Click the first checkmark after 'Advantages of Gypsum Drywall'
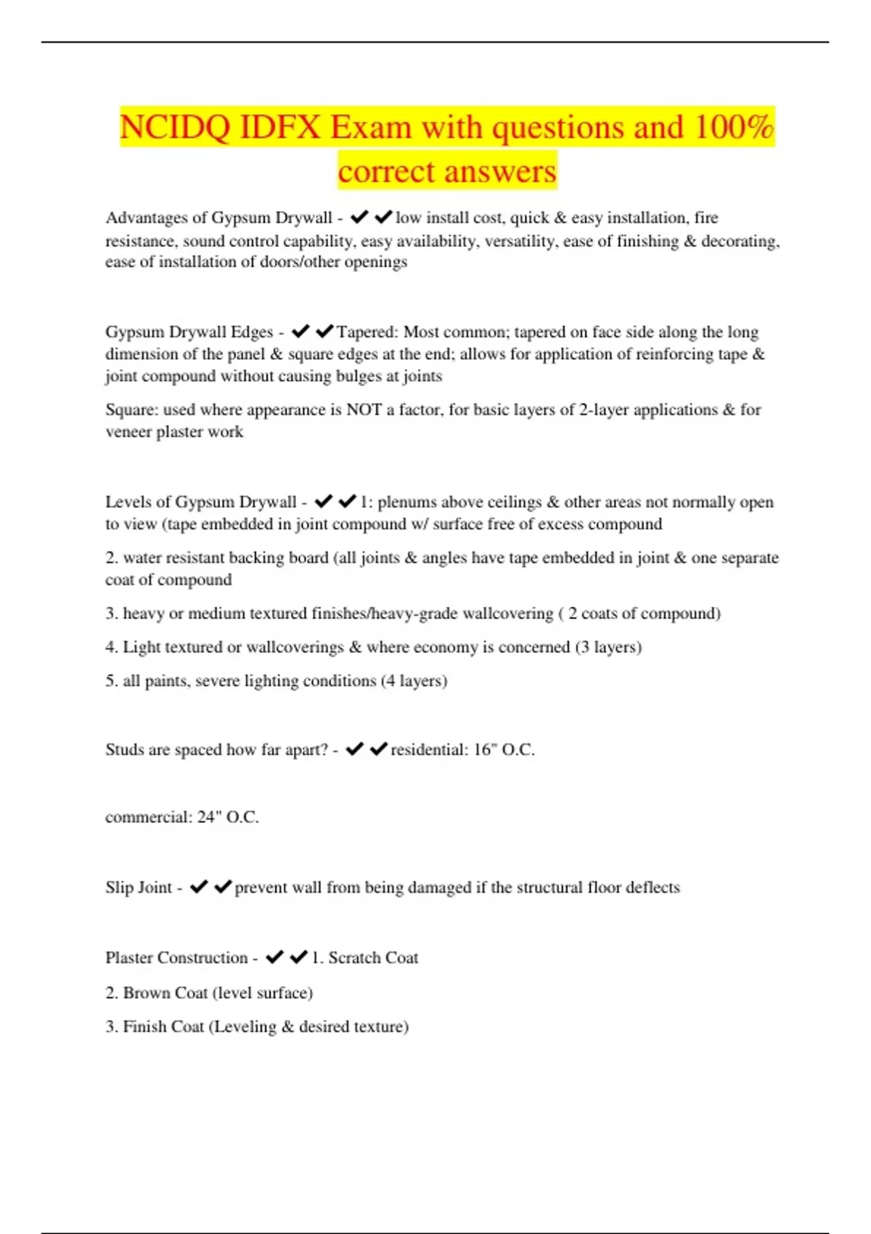point(359,217)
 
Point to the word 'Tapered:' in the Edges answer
point(367,332)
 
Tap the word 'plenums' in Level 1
point(407,502)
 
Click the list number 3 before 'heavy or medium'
point(110,613)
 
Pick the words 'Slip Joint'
point(139,887)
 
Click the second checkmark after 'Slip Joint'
point(223,887)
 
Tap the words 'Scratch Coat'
point(373,957)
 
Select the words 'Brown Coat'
point(165,992)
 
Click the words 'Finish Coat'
point(163,1026)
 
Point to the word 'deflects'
point(653,887)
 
